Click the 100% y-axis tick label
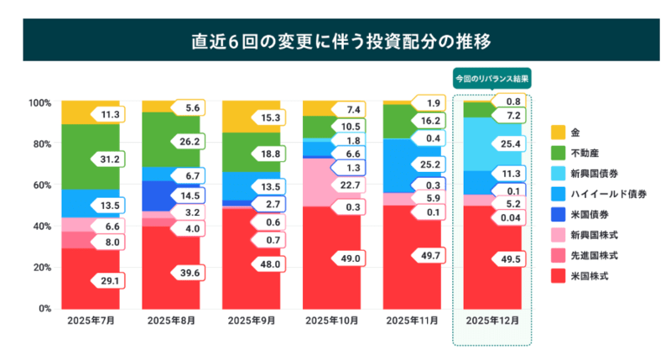tap(39, 103)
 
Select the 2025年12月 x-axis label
tap(492, 321)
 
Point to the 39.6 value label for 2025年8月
tap(190, 272)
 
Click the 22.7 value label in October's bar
tap(350, 185)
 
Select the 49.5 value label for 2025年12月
tap(512, 261)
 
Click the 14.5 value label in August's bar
tap(190, 196)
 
